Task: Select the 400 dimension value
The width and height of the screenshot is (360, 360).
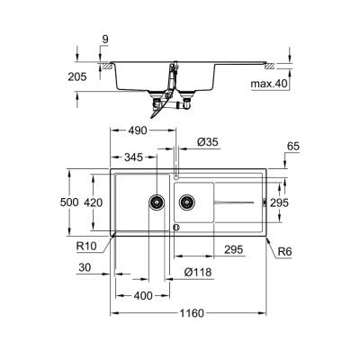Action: pos(141,295)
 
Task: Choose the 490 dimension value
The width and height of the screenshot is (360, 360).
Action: pos(136,131)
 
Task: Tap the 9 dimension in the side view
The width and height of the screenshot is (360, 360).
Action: pos(104,38)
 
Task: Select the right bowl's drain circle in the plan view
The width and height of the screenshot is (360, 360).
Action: pos(186,201)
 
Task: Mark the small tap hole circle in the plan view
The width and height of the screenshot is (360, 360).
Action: pos(175,174)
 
